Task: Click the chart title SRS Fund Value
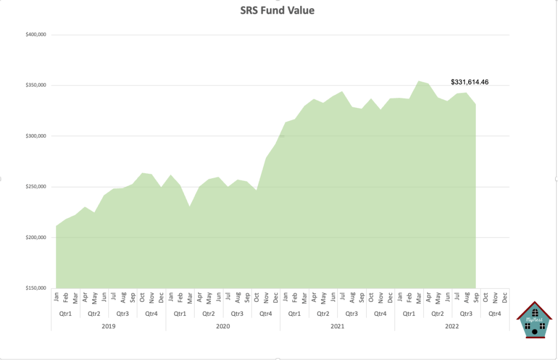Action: point(277,10)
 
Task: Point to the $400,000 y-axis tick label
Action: point(35,35)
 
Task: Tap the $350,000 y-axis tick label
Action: point(35,86)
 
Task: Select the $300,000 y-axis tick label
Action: point(35,136)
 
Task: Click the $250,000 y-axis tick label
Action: point(35,187)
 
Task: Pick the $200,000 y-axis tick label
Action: point(35,237)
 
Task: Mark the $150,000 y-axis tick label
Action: point(35,288)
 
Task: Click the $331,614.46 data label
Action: point(469,82)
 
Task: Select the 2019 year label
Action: point(108,326)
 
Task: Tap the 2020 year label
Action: point(223,326)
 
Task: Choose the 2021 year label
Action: point(337,326)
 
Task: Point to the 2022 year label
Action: point(452,326)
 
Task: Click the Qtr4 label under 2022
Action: point(495,313)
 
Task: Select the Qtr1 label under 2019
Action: point(65,313)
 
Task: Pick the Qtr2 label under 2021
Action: point(323,313)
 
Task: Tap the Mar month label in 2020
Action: point(190,297)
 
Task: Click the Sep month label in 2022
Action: point(476,297)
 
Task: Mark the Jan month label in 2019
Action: point(56,297)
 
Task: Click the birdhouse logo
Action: point(535,320)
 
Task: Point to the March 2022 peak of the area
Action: point(418,81)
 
